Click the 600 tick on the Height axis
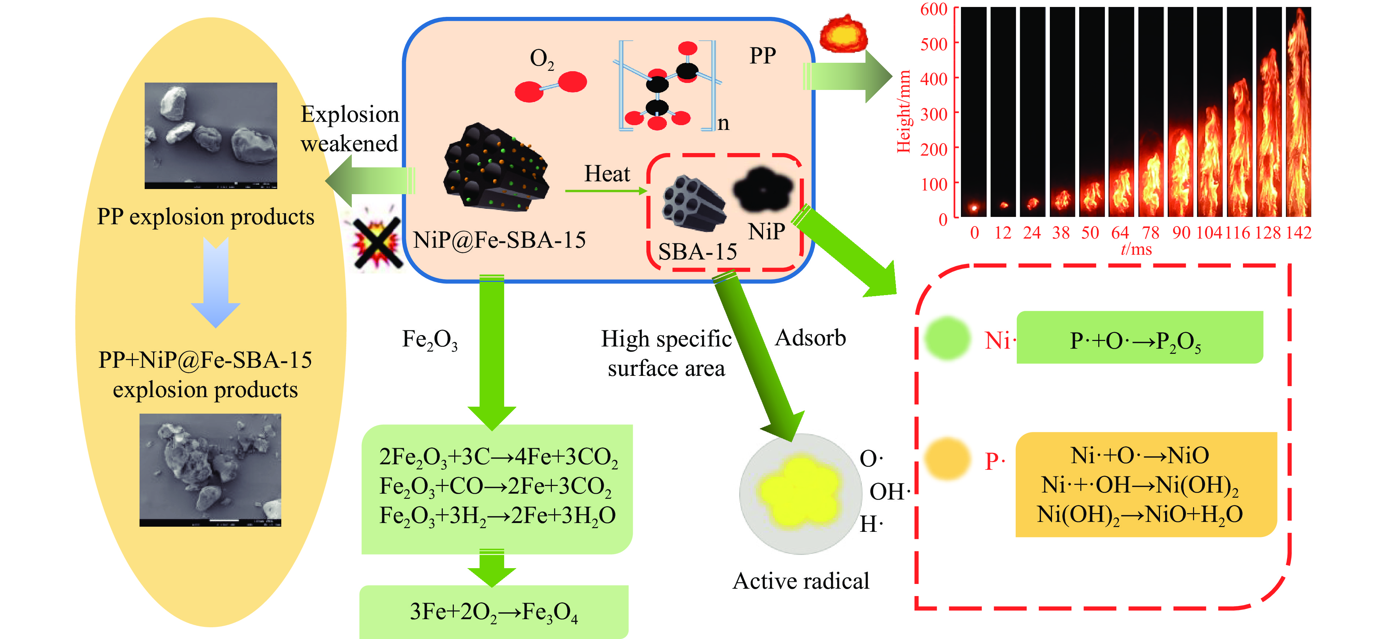(933, 9)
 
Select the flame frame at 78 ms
(1150, 112)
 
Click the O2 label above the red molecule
(542, 59)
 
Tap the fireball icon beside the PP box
(843, 34)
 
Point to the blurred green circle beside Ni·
(948, 339)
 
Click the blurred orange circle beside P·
(948, 458)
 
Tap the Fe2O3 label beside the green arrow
(430, 340)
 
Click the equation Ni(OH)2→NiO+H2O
(1140, 515)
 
